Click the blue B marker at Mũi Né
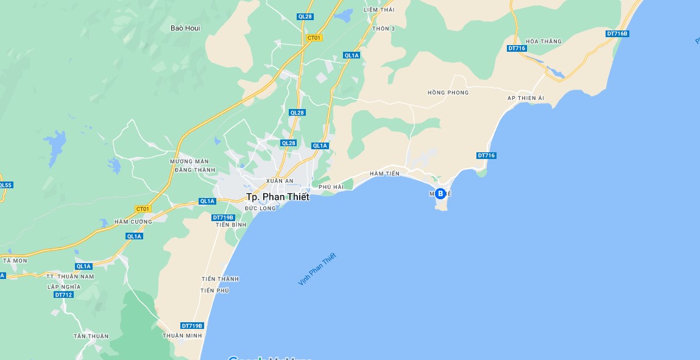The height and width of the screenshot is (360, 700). [x=440, y=194]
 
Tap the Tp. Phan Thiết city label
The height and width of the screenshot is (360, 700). [x=277, y=197]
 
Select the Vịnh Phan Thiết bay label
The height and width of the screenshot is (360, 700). [x=317, y=269]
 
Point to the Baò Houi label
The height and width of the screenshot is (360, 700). [x=185, y=28]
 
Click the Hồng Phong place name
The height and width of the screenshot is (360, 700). [x=448, y=93]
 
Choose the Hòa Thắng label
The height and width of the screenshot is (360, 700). [x=543, y=41]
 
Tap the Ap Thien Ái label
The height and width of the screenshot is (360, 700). [x=526, y=98]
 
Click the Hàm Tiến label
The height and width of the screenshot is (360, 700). [x=384, y=174]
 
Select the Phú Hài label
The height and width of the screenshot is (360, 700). [x=331, y=186]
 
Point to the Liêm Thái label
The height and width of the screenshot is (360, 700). [x=379, y=10]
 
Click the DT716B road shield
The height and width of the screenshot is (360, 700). [x=617, y=34]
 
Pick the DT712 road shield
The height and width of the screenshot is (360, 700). [x=63, y=295]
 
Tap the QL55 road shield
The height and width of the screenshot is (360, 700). [x=5, y=185]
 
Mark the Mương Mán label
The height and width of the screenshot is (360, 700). [x=189, y=161]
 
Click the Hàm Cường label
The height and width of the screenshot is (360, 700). [x=133, y=222]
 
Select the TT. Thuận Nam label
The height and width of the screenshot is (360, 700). [x=71, y=277]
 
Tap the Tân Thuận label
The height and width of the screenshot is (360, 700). [x=91, y=336]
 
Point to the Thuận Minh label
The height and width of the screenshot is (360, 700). [x=182, y=336]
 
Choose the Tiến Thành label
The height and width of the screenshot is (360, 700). [x=220, y=279]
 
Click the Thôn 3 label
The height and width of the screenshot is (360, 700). [x=384, y=29]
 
